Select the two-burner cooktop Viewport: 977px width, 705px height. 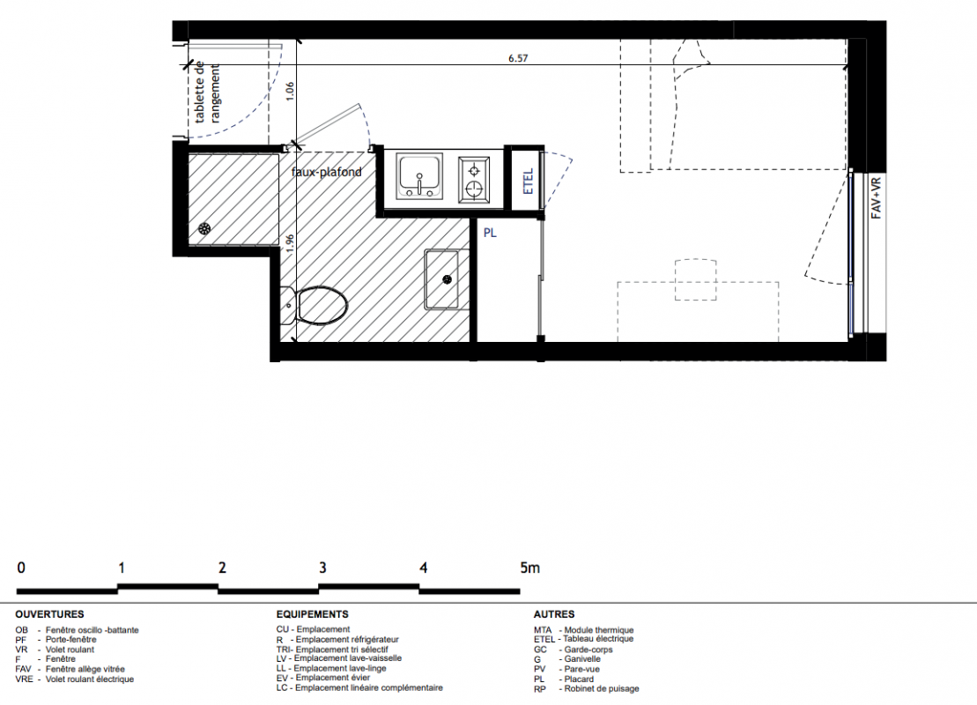pyautogui.click(x=474, y=180)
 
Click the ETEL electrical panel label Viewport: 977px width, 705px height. pyautogui.click(x=529, y=181)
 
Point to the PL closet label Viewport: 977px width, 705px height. pyautogui.click(x=490, y=233)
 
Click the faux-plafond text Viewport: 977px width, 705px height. pyautogui.click(x=327, y=172)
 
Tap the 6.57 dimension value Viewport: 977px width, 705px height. pyautogui.click(x=518, y=58)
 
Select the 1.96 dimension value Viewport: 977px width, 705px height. pyautogui.click(x=289, y=242)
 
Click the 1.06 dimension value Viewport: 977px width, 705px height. pyautogui.click(x=289, y=92)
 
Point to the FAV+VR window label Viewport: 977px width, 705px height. pyautogui.click(x=876, y=197)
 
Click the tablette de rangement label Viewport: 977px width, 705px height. pyautogui.click(x=207, y=93)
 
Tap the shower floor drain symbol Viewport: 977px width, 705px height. pyautogui.click(x=204, y=229)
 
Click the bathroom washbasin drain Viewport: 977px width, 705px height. pyautogui.click(x=448, y=280)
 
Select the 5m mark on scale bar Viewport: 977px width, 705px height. pyautogui.click(x=529, y=568)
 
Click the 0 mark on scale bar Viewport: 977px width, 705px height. pyautogui.click(x=21, y=568)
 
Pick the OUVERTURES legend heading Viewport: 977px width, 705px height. pyautogui.click(x=50, y=614)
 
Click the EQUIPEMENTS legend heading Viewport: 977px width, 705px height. pyautogui.click(x=313, y=614)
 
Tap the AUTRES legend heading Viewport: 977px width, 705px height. pyautogui.click(x=554, y=614)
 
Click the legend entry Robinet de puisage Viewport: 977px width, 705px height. pyautogui.click(x=587, y=689)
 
